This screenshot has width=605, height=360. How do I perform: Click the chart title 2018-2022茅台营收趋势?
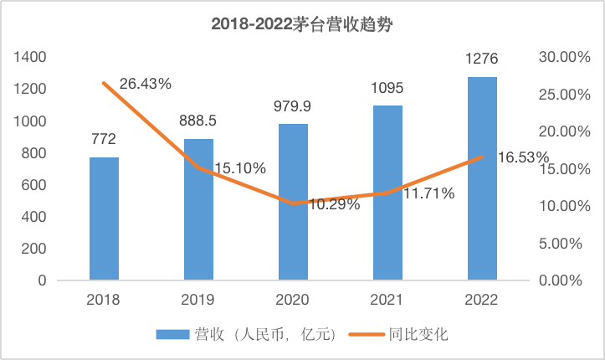[x=302, y=24]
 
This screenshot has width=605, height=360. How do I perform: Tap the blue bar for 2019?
[x=198, y=209]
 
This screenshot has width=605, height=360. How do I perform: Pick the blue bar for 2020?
[x=293, y=202]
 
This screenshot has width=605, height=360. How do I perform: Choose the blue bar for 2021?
[x=387, y=193]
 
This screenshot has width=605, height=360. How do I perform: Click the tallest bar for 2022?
[x=482, y=178]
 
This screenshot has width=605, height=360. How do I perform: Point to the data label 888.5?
[x=198, y=121]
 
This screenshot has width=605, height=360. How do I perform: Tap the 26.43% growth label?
[x=146, y=84]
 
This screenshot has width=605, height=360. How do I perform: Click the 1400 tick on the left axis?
[x=29, y=57]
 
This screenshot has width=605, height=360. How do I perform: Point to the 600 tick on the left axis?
[x=33, y=185]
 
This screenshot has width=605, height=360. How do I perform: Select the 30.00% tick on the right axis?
[x=556, y=57]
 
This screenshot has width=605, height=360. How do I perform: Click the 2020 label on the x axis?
[x=293, y=300]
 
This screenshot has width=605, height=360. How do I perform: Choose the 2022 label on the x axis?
[x=482, y=300]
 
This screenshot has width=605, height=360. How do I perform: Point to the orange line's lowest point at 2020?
[x=293, y=203]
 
